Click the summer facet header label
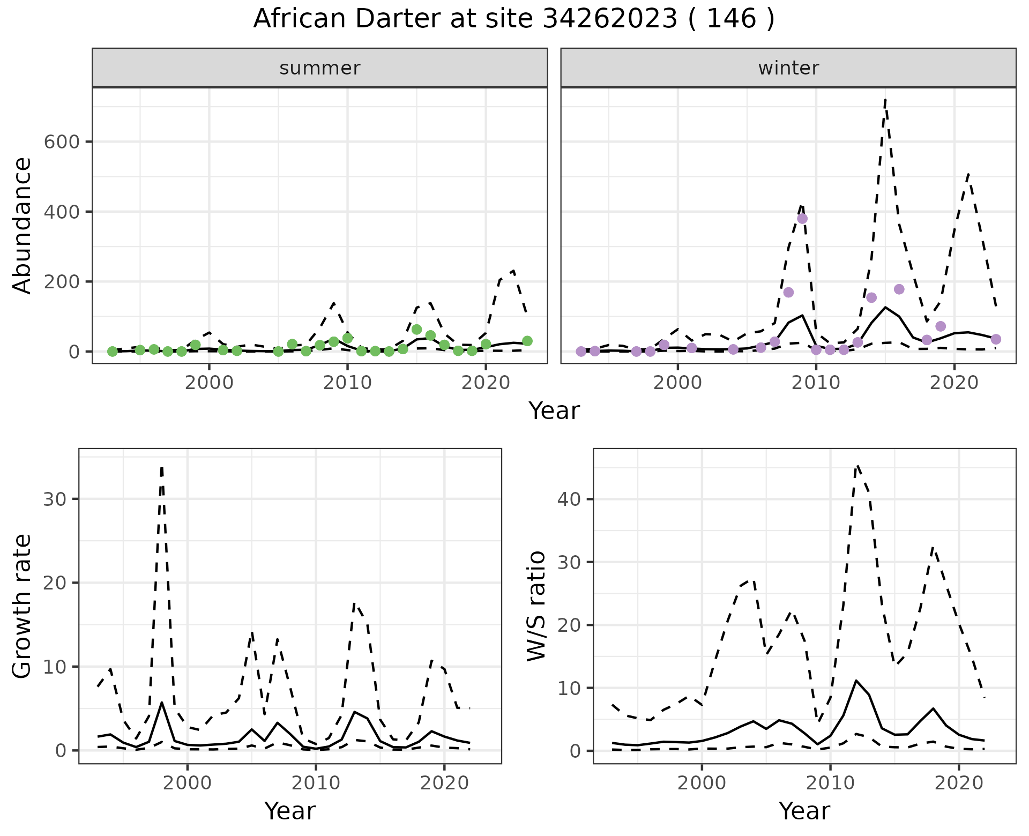pyautogui.click(x=320, y=68)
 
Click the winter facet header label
pyautogui.click(x=788, y=68)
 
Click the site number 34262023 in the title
pyautogui.click(x=610, y=19)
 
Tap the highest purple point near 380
pyautogui.click(x=802, y=219)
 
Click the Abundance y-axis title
pyautogui.click(x=23, y=225)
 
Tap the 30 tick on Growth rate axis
pyautogui.click(x=54, y=499)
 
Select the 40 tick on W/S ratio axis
pyautogui.click(x=568, y=499)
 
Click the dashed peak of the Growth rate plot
pyautogui.click(x=162, y=467)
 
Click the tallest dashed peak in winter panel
pyautogui.click(x=885, y=99)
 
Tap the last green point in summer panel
pyautogui.click(x=527, y=341)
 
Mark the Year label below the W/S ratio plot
pyautogui.click(x=804, y=811)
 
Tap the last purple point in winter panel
pyautogui.click(x=996, y=339)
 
